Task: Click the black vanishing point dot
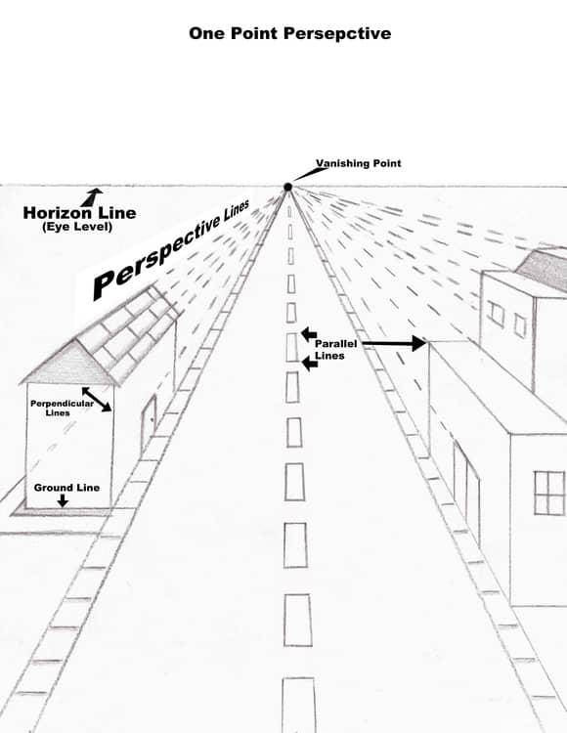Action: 288,187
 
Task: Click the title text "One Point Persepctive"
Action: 289,33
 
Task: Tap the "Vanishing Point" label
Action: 359,163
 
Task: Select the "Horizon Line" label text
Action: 79,213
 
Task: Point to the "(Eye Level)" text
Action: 77,227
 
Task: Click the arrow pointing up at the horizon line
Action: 91,196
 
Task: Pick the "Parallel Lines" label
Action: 335,350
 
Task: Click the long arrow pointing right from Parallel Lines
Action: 394,344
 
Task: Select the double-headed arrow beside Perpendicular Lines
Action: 97,399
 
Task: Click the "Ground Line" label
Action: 66,488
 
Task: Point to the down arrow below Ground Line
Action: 63,500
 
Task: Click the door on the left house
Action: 149,423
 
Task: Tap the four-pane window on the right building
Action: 549,494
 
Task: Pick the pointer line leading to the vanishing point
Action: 310,174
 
